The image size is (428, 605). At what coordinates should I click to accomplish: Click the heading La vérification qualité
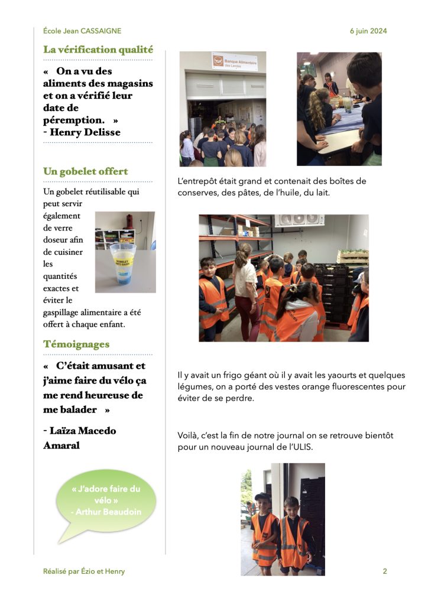pyautogui.click(x=98, y=50)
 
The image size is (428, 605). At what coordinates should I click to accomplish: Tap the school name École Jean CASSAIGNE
pyautogui.click(x=82, y=31)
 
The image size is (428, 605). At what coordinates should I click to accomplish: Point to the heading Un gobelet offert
pyautogui.click(x=86, y=171)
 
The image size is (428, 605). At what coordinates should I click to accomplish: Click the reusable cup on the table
pyautogui.click(x=122, y=263)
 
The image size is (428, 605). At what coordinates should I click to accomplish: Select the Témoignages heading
pyautogui.click(x=76, y=344)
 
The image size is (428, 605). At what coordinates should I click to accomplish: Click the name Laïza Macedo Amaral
pyautogui.click(x=80, y=438)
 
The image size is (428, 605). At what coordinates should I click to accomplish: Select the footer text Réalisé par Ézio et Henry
pyautogui.click(x=84, y=571)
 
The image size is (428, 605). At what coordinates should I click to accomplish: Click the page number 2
pyautogui.click(x=385, y=571)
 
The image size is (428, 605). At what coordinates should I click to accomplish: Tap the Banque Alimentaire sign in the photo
pyautogui.click(x=235, y=61)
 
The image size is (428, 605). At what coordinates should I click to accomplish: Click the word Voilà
pyautogui.click(x=187, y=435)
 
